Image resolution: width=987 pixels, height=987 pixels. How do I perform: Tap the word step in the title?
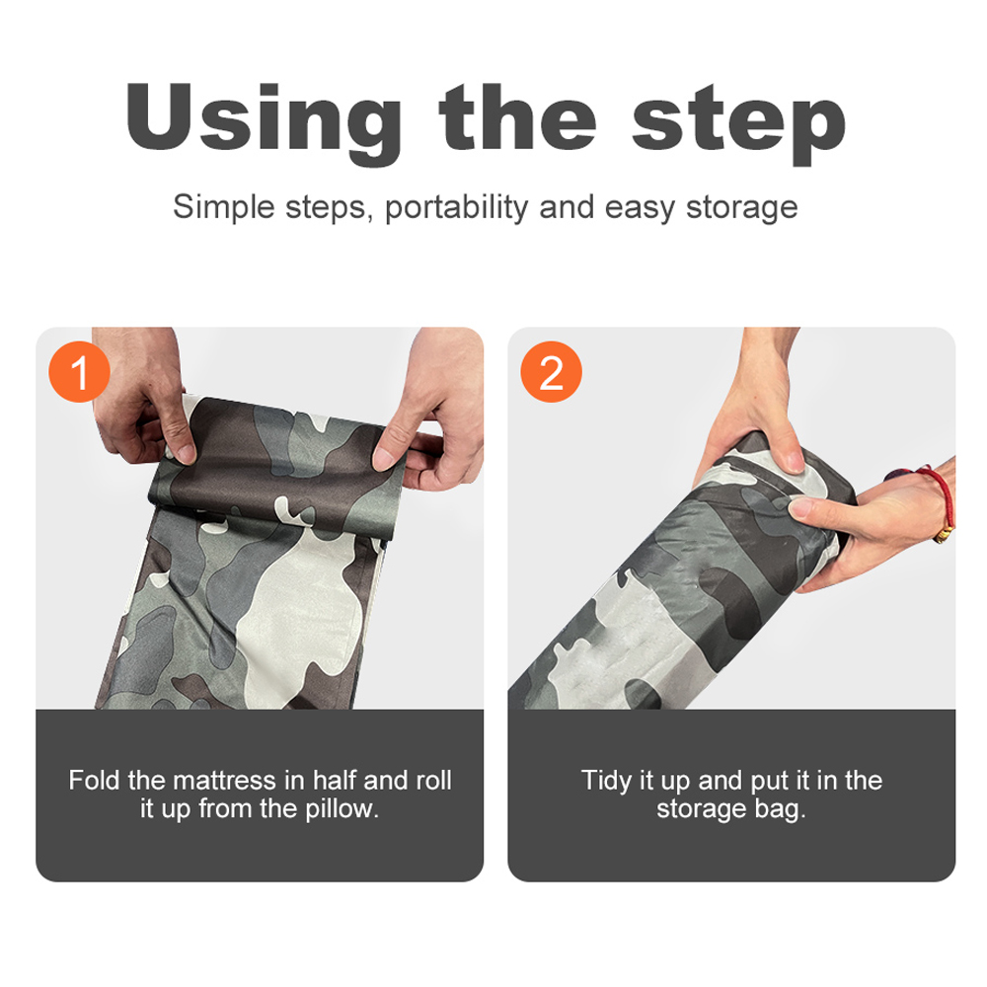pyautogui.click(x=738, y=122)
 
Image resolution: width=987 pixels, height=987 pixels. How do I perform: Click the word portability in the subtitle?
pyautogui.click(x=457, y=207)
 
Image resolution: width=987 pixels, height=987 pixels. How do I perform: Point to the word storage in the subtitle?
pyautogui.click(x=741, y=208)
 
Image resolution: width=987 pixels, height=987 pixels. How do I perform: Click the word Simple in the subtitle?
pyautogui.click(x=224, y=207)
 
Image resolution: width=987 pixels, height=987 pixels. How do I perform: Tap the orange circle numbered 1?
pyautogui.click(x=79, y=372)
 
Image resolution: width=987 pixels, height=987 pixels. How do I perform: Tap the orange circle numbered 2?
pyautogui.click(x=551, y=372)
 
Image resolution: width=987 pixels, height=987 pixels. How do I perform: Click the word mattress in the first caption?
pyautogui.click(x=225, y=781)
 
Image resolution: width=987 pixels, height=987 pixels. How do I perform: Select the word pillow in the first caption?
pyautogui.click(x=342, y=809)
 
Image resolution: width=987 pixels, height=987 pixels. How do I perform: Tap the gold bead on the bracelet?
pyautogui.click(x=943, y=535)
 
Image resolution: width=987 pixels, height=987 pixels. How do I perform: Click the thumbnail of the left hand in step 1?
pyautogui.click(x=185, y=453)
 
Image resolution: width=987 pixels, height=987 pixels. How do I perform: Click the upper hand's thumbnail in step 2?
pyautogui.click(x=795, y=462)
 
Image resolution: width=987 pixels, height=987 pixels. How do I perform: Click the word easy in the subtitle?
pyautogui.click(x=640, y=208)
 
